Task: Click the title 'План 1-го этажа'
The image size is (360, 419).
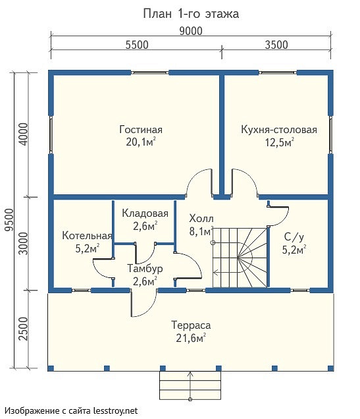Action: tap(191, 14)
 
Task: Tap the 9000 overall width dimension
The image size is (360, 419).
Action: tap(191, 31)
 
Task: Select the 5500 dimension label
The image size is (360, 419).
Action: tap(137, 45)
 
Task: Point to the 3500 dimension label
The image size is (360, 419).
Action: tap(276, 45)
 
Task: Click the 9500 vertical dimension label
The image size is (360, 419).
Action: tap(9, 220)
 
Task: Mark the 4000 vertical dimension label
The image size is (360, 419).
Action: tap(24, 134)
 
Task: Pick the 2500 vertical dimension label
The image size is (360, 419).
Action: tap(24, 329)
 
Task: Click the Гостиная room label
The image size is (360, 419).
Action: tap(141, 130)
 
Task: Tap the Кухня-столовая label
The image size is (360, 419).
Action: tap(279, 130)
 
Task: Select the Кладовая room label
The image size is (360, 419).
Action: tap(145, 213)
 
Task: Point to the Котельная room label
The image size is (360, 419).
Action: tap(87, 235)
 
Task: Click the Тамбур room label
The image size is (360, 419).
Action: tap(145, 268)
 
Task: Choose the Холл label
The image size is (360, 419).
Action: tap(201, 219)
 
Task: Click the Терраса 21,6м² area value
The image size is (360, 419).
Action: tap(191, 339)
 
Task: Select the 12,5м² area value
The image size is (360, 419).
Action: tap(280, 142)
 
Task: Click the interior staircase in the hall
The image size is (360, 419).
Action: tap(240, 258)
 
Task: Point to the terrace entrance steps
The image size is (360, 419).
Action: tap(190, 385)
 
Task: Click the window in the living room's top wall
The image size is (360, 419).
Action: tap(149, 72)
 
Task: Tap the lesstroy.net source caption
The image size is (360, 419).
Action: tap(71, 410)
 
